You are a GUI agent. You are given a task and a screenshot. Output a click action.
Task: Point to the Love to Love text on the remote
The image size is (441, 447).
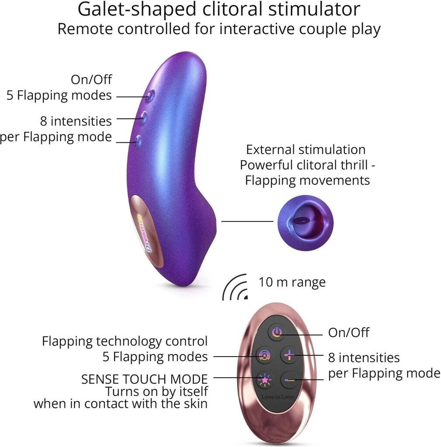click(x=277, y=397)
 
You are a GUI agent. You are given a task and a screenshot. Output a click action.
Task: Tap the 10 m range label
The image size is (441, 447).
click(x=292, y=282)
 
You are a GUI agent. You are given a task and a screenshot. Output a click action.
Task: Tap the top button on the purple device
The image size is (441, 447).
click(x=149, y=96)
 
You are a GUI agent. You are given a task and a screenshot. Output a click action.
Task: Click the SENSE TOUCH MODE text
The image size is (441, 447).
click(x=145, y=378)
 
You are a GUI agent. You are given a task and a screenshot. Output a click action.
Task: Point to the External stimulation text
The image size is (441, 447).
click(x=306, y=150)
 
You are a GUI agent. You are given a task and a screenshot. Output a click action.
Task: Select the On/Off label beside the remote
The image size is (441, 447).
click(x=348, y=333)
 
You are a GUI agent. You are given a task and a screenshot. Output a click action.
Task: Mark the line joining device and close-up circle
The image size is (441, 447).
click(x=247, y=221)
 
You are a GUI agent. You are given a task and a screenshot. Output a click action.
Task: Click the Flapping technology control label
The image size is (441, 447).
click(x=125, y=341)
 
